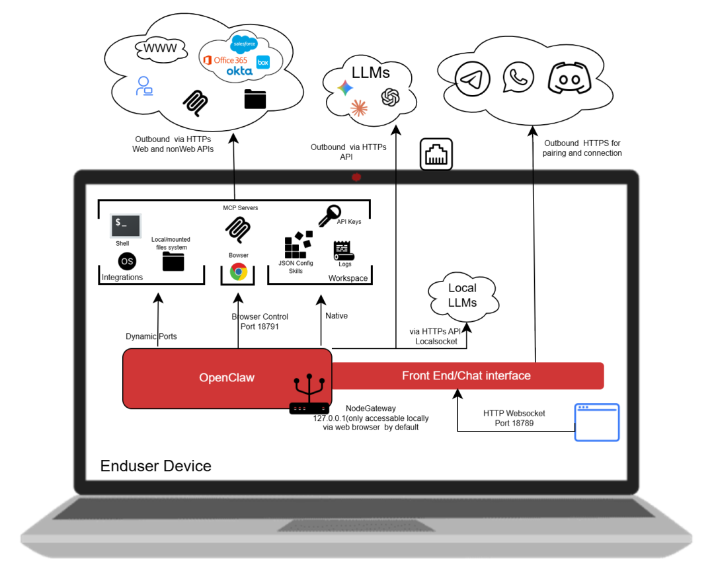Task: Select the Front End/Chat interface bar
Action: pyautogui.click(x=467, y=375)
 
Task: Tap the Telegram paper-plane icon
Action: pyautogui.click(x=473, y=79)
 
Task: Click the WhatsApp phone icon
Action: pyautogui.click(x=518, y=77)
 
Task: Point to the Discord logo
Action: pyautogui.click(x=569, y=79)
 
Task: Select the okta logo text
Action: pyautogui.click(x=239, y=71)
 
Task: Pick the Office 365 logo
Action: pyautogui.click(x=225, y=60)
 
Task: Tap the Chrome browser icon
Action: pyautogui.click(x=239, y=272)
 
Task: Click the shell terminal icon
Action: pyautogui.click(x=126, y=225)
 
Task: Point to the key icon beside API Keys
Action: pyautogui.click(x=329, y=215)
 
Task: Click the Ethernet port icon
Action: pyautogui.click(x=436, y=155)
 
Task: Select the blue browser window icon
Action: pyautogui.click(x=597, y=422)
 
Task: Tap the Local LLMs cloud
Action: pyautogui.click(x=463, y=295)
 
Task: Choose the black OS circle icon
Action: pyautogui.click(x=127, y=261)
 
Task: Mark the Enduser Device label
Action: pyautogui.click(x=156, y=466)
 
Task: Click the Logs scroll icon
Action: pyautogui.click(x=344, y=250)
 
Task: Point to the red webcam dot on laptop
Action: pyautogui.click(x=356, y=177)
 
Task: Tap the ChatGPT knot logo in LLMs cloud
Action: pyautogui.click(x=390, y=97)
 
